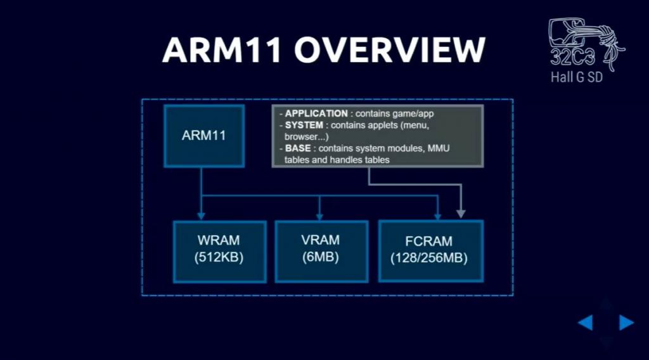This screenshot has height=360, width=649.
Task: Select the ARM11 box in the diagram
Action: click(x=203, y=135)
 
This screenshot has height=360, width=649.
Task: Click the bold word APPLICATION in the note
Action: click(x=316, y=114)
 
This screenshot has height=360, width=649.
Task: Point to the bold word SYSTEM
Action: click(x=304, y=125)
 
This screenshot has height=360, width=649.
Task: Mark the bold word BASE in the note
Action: click(x=298, y=148)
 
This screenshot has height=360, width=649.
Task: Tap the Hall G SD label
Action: click(x=577, y=80)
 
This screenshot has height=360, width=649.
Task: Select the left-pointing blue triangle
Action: click(x=586, y=323)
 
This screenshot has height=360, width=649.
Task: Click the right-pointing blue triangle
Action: click(x=626, y=323)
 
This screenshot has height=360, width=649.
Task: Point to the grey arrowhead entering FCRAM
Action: click(x=460, y=214)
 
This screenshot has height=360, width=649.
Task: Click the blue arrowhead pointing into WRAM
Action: click(x=200, y=215)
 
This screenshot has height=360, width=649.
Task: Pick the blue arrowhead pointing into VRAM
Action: click(x=319, y=215)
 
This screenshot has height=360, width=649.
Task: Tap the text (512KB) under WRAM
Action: click(x=219, y=258)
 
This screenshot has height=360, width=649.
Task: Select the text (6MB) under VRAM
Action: click(x=321, y=258)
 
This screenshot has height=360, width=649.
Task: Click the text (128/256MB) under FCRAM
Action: click(x=429, y=259)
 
